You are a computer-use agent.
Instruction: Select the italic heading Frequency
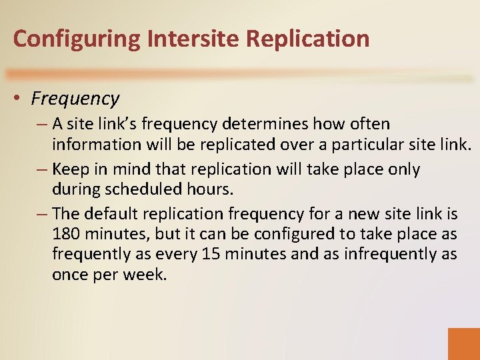[75, 99]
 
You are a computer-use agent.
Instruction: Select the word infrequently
[399, 254]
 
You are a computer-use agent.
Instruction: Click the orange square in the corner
[463, 343]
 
